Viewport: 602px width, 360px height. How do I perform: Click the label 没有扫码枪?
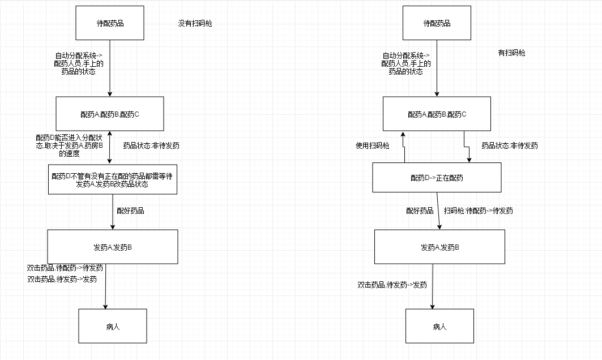(195, 23)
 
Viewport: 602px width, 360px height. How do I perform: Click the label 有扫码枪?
(511, 53)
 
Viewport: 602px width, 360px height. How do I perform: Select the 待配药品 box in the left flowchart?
(110, 23)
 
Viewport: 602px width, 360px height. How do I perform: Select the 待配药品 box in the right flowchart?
(437, 23)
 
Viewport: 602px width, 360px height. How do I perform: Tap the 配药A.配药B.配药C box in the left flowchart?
(110, 114)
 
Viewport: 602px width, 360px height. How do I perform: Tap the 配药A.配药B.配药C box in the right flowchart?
(437, 114)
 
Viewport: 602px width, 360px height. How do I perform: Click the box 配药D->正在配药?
(437, 178)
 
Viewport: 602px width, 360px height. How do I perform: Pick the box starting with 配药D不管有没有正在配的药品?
(112, 179)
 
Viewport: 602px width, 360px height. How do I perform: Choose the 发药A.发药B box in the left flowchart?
(112, 247)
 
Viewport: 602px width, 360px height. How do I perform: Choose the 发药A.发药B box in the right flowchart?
(439, 247)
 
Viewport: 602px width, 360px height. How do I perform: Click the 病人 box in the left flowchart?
(112, 326)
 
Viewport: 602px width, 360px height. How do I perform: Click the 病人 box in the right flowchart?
(439, 326)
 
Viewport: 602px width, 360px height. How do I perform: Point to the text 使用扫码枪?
(372, 145)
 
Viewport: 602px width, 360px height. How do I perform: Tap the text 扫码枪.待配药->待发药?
(479, 211)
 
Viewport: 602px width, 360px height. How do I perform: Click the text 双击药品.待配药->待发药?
(65, 268)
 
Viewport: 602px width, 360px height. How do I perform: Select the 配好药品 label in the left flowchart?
(130, 211)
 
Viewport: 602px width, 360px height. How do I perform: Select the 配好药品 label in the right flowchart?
(420, 211)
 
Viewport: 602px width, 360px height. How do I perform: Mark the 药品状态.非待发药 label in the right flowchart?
(509, 145)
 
